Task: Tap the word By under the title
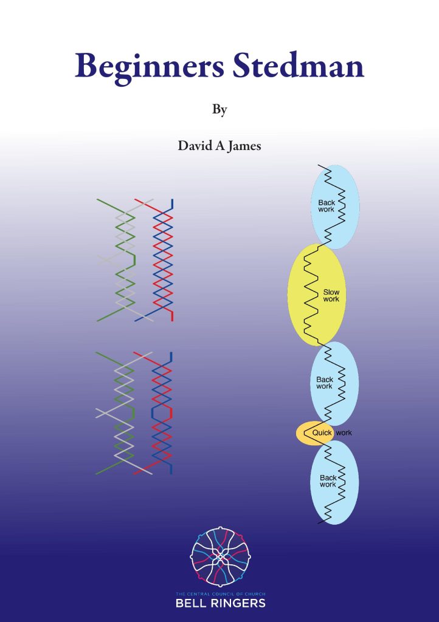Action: point(219,110)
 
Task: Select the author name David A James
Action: point(219,146)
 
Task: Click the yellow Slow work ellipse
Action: point(316,295)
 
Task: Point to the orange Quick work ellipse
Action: point(314,433)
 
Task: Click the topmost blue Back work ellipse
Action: point(335,207)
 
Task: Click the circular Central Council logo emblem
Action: point(220,556)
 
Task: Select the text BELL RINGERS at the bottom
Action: point(219,603)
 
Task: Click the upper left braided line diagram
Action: point(136,259)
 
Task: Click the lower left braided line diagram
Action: point(136,413)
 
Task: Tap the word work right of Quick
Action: point(344,433)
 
